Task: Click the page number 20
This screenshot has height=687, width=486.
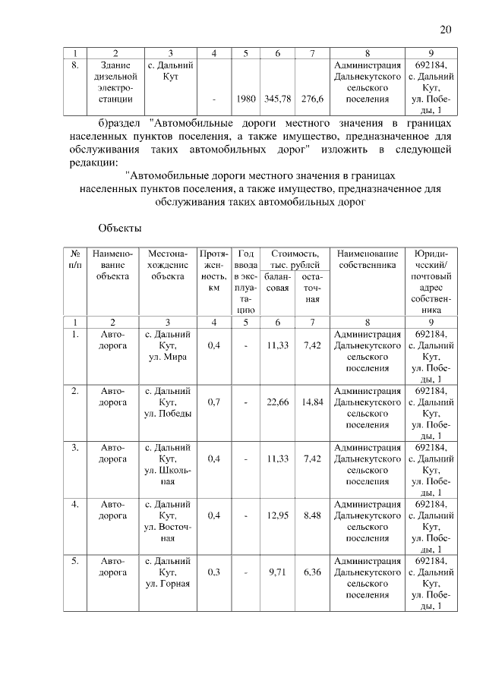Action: (446, 30)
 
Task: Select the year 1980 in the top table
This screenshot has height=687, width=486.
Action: (246, 99)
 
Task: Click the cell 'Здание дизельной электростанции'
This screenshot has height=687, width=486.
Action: (114, 82)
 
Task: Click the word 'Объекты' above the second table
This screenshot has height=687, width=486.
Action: (120, 227)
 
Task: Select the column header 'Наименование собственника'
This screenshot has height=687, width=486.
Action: (368, 260)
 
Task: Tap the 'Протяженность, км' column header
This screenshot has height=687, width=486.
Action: (214, 270)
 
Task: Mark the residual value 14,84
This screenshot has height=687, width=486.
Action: (312, 402)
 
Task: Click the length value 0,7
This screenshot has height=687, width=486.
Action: (214, 402)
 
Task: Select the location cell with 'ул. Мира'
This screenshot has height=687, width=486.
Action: (168, 345)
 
